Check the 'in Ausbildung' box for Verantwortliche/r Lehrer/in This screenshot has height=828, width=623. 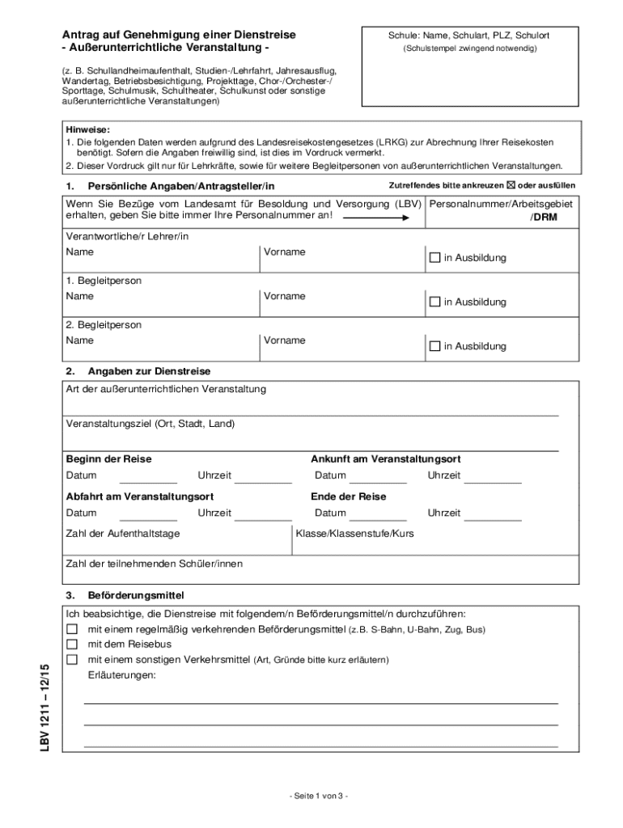coord(434,258)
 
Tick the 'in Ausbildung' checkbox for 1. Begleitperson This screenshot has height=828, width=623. coord(434,302)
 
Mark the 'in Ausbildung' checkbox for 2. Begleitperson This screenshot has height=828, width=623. coord(434,346)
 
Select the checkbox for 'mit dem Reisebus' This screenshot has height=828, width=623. coord(72,644)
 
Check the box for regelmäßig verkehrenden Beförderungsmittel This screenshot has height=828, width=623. coord(72,629)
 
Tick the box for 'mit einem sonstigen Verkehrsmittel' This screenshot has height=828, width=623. coord(72,660)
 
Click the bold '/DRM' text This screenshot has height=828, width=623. coord(543,218)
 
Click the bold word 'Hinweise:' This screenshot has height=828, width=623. coord(87,129)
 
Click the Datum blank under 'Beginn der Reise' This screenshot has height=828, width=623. coord(148,476)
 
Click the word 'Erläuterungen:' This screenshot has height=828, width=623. coord(122,675)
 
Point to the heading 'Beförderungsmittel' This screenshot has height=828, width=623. coord(136,594)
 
